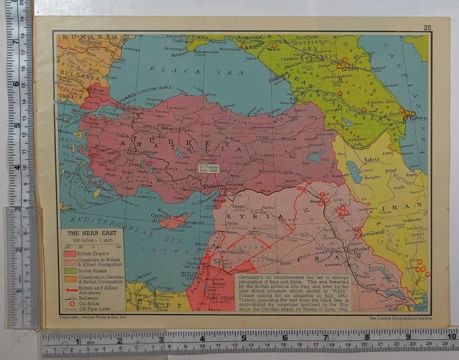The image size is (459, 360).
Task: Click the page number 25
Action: pos(427,27)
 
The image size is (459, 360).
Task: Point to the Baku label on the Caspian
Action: pos(413,118)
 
